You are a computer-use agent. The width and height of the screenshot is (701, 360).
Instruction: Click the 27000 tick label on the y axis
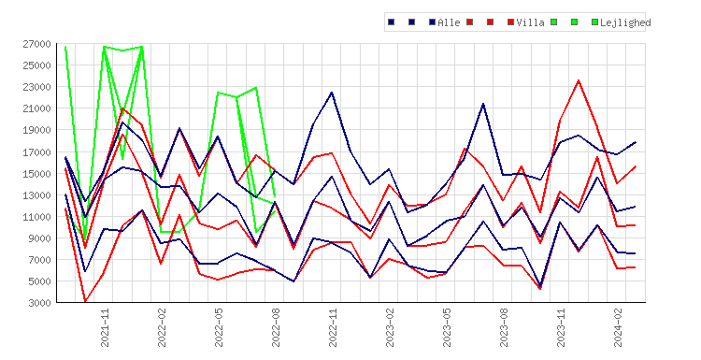[37, 44]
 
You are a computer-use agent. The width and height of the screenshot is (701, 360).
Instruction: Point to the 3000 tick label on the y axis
[40, 303]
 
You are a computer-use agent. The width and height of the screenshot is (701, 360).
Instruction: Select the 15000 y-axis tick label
[37, 174]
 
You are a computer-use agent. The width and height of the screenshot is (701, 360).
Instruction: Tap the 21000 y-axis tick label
[37, 108]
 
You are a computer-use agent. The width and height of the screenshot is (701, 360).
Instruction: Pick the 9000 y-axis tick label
[40, 238]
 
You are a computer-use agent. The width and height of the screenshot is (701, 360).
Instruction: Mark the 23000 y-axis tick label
[37, 87]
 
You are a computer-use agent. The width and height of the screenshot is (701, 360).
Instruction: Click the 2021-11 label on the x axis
[105, 328]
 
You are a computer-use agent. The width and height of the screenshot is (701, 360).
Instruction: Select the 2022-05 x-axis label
[219, 328]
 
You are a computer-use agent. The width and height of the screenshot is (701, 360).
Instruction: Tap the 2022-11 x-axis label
[333, 328]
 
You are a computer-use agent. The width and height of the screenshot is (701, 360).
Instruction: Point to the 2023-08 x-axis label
[505, 328]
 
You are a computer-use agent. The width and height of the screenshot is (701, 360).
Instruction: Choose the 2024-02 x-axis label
[619, 328]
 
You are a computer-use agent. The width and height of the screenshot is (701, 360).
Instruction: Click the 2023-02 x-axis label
[391, 328]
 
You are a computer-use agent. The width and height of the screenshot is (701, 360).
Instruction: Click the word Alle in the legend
[449, 22]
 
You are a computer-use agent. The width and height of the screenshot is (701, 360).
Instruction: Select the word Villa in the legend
[530, 22]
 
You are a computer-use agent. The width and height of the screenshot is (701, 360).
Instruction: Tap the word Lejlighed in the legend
[625, 22]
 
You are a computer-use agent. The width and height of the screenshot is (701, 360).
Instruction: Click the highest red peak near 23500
[579, 80]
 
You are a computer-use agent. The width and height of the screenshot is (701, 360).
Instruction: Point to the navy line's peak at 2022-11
[332, 93]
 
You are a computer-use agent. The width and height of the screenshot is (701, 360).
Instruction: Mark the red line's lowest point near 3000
[85, 301]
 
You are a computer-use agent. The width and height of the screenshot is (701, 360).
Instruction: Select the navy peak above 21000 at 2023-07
[483, 104]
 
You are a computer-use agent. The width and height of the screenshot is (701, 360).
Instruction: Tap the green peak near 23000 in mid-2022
[256, 88]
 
